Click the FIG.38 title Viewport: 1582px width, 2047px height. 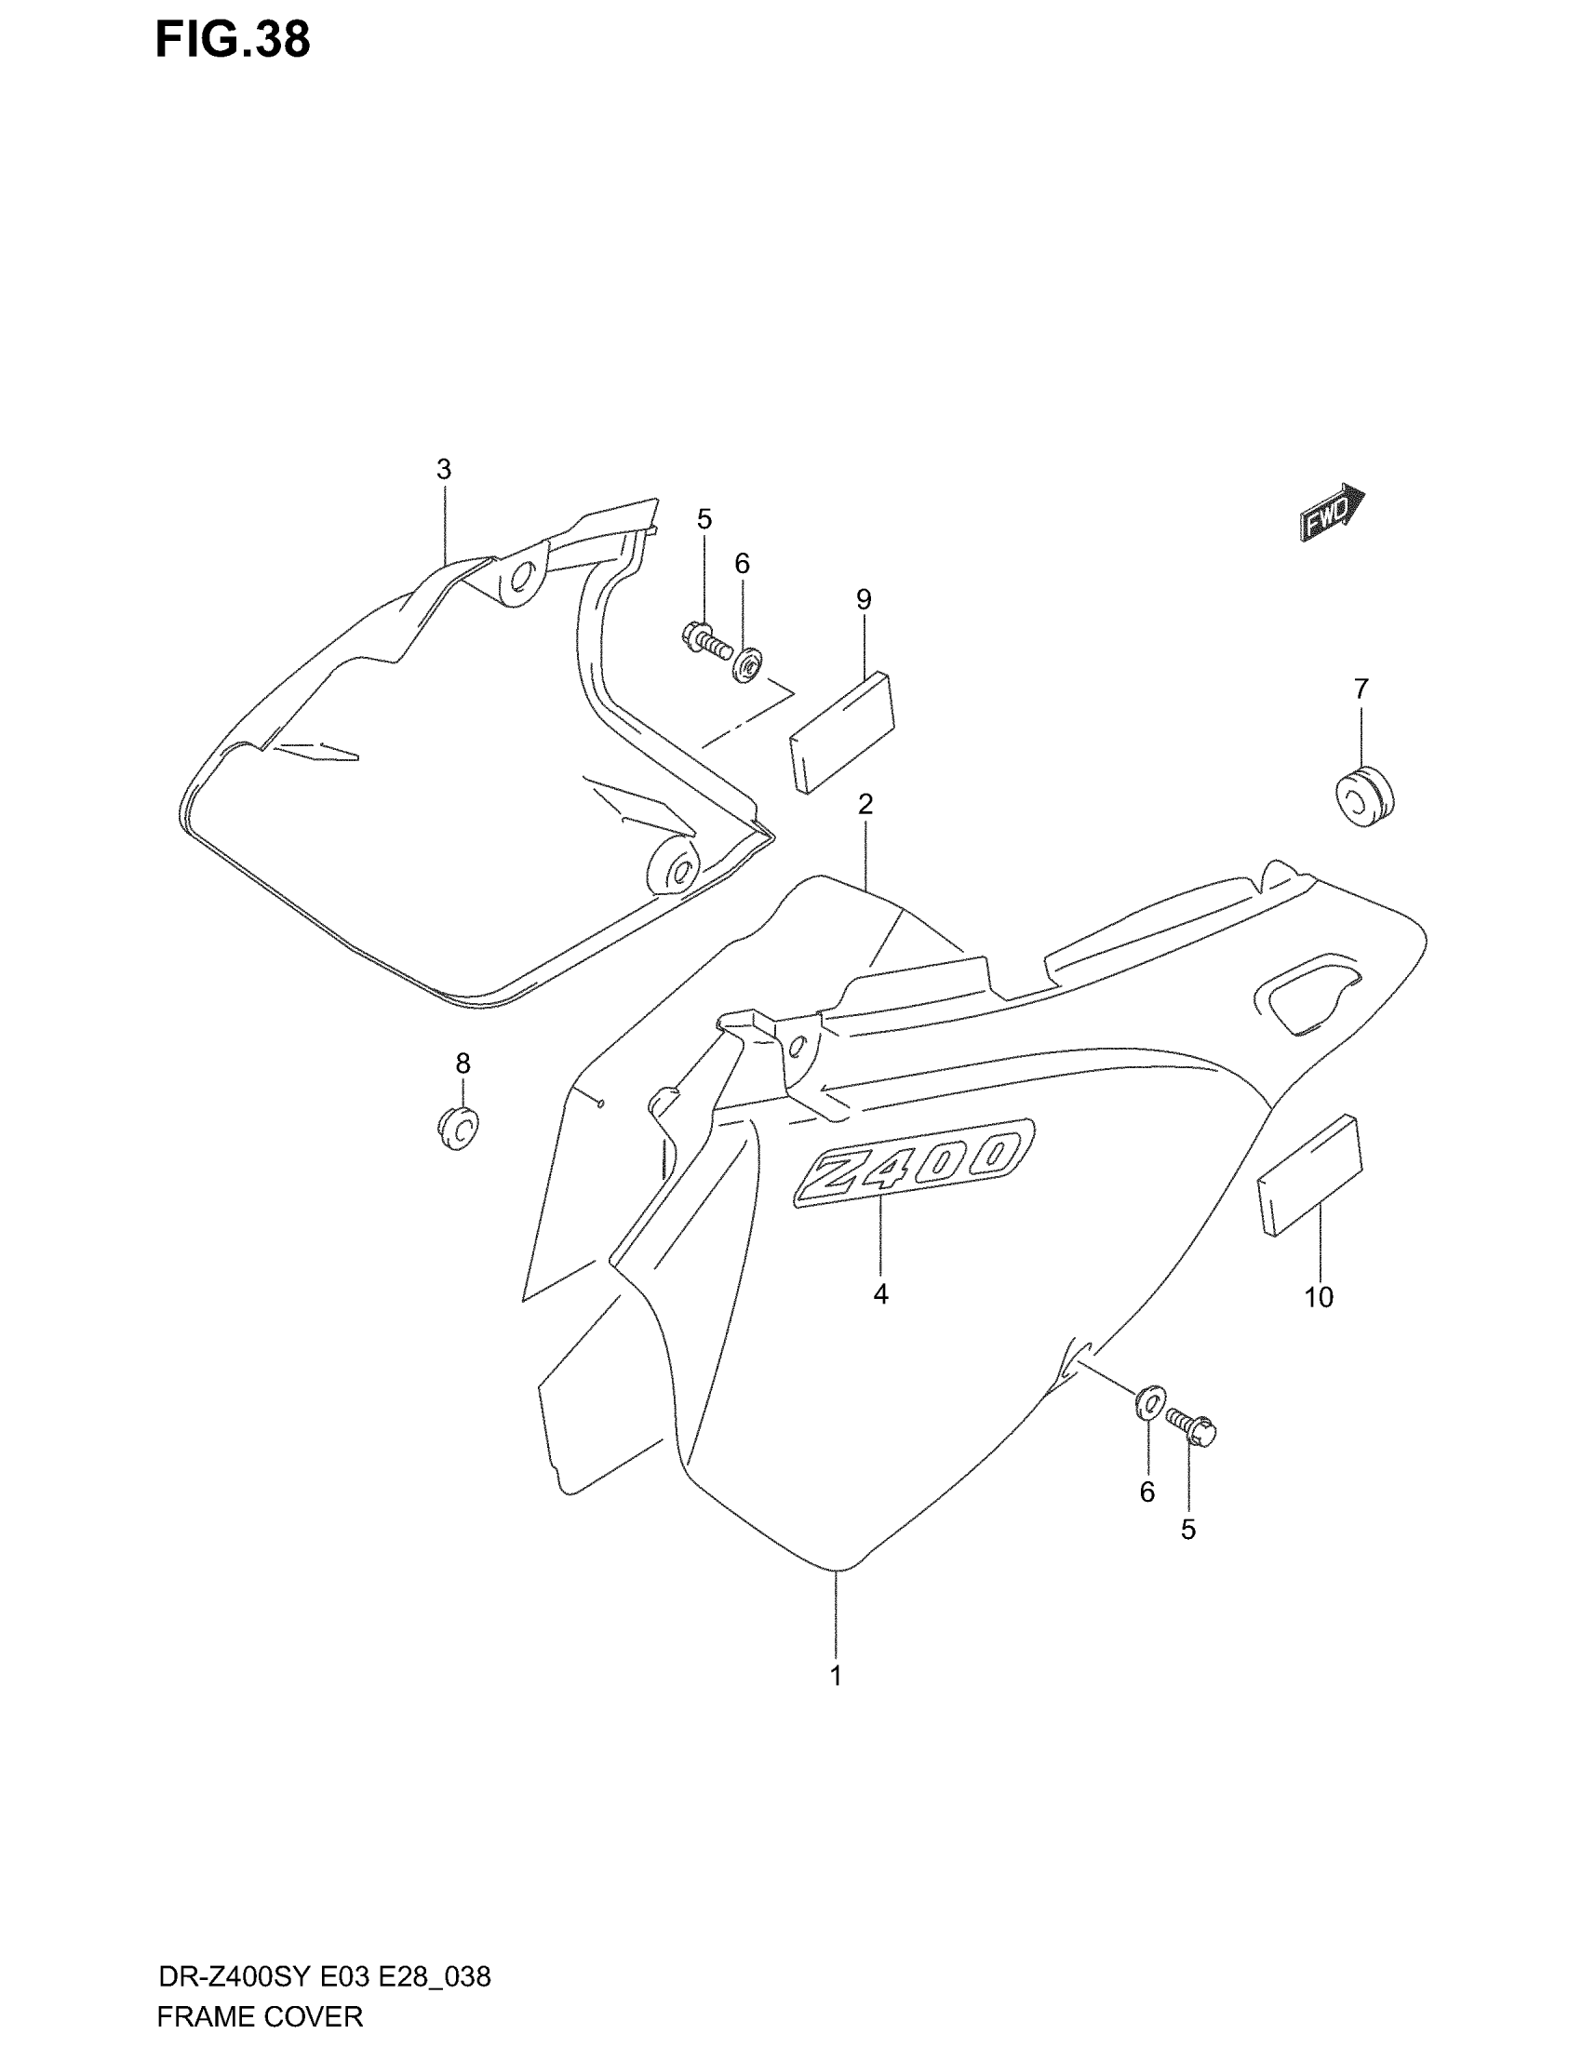point(233,41)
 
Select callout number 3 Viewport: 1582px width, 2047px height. point(443,470)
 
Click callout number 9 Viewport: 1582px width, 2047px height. point(864,599)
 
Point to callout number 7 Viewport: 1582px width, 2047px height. point(1361,689)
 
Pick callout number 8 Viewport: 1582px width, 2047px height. point(463,1063)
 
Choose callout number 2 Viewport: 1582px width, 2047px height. point(865,803)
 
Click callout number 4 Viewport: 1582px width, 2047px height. point(880,1294)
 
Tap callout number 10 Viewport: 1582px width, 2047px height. point(1318,1297)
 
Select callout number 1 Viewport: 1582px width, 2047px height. point(836,1675)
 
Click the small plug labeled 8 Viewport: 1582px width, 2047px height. point(458,1127)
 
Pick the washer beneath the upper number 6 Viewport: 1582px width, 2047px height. point(748,666)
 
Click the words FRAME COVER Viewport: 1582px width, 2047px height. point(260,2016)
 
